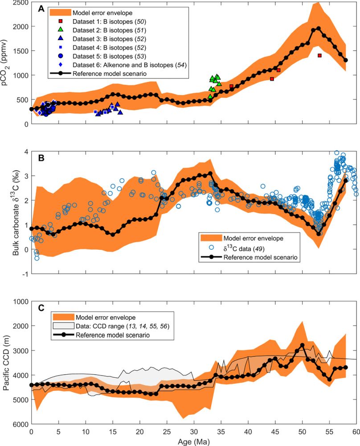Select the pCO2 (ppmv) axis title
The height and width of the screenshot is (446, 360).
pyautogui.click(x=7, y=62)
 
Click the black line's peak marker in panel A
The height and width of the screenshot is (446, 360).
pyautogui.click(x=318, y=29)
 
